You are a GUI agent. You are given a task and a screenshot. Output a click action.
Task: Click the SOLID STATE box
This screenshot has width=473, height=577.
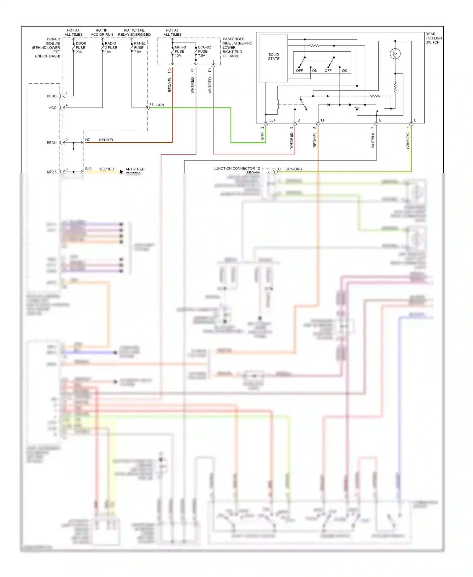[x=273, y=58]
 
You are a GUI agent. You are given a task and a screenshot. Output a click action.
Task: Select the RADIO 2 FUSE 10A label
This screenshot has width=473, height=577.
[x=111, y=48]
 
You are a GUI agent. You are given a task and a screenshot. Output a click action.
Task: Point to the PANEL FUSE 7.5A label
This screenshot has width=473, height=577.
[x=139, y=48]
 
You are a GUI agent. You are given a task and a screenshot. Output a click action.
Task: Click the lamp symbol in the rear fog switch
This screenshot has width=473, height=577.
[x=395, y=54]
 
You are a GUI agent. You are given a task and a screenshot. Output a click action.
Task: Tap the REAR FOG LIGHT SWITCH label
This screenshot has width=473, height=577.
[x=434, y=38]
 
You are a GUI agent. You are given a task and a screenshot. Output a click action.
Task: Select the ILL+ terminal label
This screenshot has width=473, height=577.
[x=272, y=120]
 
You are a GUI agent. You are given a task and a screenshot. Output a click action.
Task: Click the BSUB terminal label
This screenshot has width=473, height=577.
[x=51, y=96]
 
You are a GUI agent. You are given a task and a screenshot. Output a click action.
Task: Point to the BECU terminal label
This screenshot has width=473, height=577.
[x=51, y=143]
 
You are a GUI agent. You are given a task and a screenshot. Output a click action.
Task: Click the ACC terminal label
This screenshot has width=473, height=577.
[x=52, y=108]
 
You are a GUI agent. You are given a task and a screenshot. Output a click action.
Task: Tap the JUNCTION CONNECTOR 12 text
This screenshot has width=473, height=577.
[x=237, y=169]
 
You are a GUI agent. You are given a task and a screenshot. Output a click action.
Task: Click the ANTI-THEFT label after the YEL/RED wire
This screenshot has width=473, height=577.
[x=136, y=170]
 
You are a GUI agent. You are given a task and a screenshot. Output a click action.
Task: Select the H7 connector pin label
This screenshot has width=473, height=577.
[x=87, y=140]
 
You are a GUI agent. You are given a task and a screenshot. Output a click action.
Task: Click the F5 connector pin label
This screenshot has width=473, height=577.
[x=151, y=105]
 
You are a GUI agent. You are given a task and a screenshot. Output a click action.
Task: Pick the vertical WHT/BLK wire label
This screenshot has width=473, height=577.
[x=373, y=140]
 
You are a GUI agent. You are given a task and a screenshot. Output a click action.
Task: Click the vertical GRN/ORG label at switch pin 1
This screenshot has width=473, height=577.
[x=408, y=141]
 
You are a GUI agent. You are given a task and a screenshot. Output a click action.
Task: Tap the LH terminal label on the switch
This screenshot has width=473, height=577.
[x=323, y=120]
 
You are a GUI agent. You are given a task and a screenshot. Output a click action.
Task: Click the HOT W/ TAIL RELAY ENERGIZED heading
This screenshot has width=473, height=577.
[x=134, y=33]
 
